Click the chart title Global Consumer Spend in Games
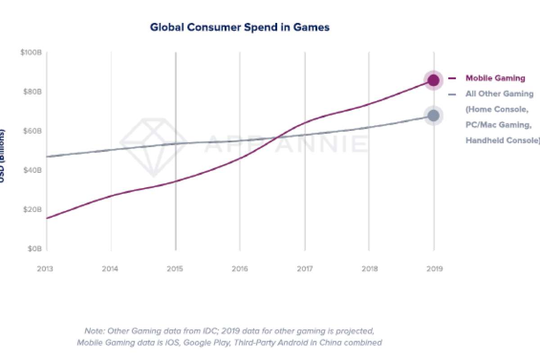pos(239,27)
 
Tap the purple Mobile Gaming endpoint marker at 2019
pos(433,80)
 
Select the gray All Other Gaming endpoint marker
pos(433,116)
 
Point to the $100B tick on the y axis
pos(31,53)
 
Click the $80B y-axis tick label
pos(32,92)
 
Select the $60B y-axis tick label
pos(32,131)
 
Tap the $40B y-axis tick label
pos(32,170)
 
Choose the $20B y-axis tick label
pos(32,209)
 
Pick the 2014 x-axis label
pos(110,269)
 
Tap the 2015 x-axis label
pos(175,269)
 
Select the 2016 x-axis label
pos(240,269)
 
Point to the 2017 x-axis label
pos(305,269)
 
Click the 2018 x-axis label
pos(369,269)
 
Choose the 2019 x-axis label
pos(434,269)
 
